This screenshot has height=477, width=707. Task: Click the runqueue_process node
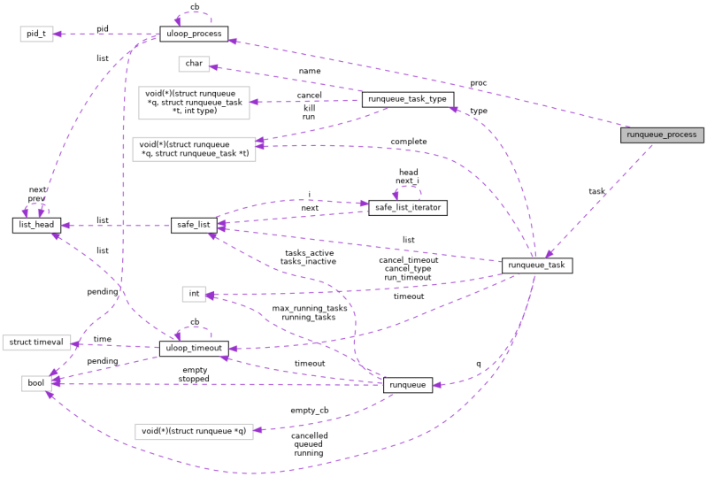click(x=662, y=135)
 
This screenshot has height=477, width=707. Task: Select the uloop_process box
click(x=193, y=35)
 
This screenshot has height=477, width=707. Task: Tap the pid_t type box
click(x=36, y=34)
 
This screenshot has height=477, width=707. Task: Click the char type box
click(x=192, y=64)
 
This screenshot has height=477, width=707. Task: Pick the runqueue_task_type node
click(x=409, y=99)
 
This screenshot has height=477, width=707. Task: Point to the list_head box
click(x=36, y=226)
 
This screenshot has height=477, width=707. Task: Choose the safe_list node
click(x=194, y=226)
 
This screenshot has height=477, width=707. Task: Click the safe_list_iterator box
click(x=408, y=208)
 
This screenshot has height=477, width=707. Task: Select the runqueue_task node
click(x=537, y=265)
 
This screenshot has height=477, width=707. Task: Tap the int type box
click(x=194, y=293)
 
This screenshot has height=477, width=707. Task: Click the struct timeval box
click(x=35, y=342)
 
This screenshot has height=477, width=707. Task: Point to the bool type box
click(x=36, y=383)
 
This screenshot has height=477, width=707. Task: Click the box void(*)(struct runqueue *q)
click(x=194, y=432)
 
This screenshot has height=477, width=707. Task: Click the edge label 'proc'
click(x=479, y=83)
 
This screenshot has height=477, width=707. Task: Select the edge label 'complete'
click(x=408, y=142)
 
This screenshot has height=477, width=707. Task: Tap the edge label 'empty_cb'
click(x=310, y=411)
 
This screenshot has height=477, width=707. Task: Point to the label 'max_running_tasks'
click(x=310, y=308)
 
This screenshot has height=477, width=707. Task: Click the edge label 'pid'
click(x=103, y=29)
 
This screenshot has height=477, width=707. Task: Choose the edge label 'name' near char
click(x=310, y=71)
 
